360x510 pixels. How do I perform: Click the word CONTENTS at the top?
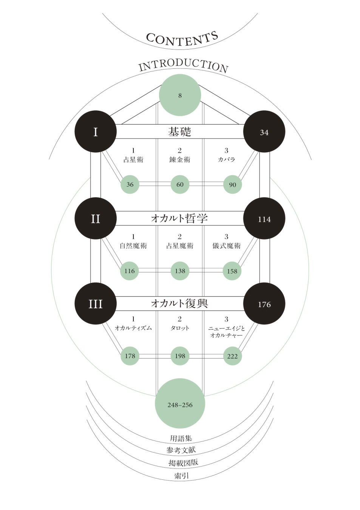point(182,39)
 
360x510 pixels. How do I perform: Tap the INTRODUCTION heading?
point(183,65)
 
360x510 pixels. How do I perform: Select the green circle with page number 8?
point(180,95)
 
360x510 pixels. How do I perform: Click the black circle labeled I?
point(96,132)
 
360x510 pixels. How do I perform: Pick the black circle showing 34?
point(264,132)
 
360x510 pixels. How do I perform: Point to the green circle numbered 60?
point(180,184)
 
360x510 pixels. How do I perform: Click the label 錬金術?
point(180,159)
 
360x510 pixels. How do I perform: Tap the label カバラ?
point(226,159)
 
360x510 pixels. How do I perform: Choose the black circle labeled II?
point(96,218)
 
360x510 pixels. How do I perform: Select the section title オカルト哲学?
point(179,218)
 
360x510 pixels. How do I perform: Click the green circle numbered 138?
point(180,271)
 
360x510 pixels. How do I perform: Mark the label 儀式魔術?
point(226,246)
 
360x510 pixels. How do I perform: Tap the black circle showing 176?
point(264,304)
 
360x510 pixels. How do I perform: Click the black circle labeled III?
point(96,304)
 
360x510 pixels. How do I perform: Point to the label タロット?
point(180,328)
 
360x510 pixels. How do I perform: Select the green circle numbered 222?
point(232,356)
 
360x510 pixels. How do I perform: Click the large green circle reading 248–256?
point(180,405)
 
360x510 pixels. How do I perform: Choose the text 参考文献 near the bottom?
point(181,450)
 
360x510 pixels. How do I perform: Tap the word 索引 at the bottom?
point(181,476)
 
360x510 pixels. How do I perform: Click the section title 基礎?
point(179,131)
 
